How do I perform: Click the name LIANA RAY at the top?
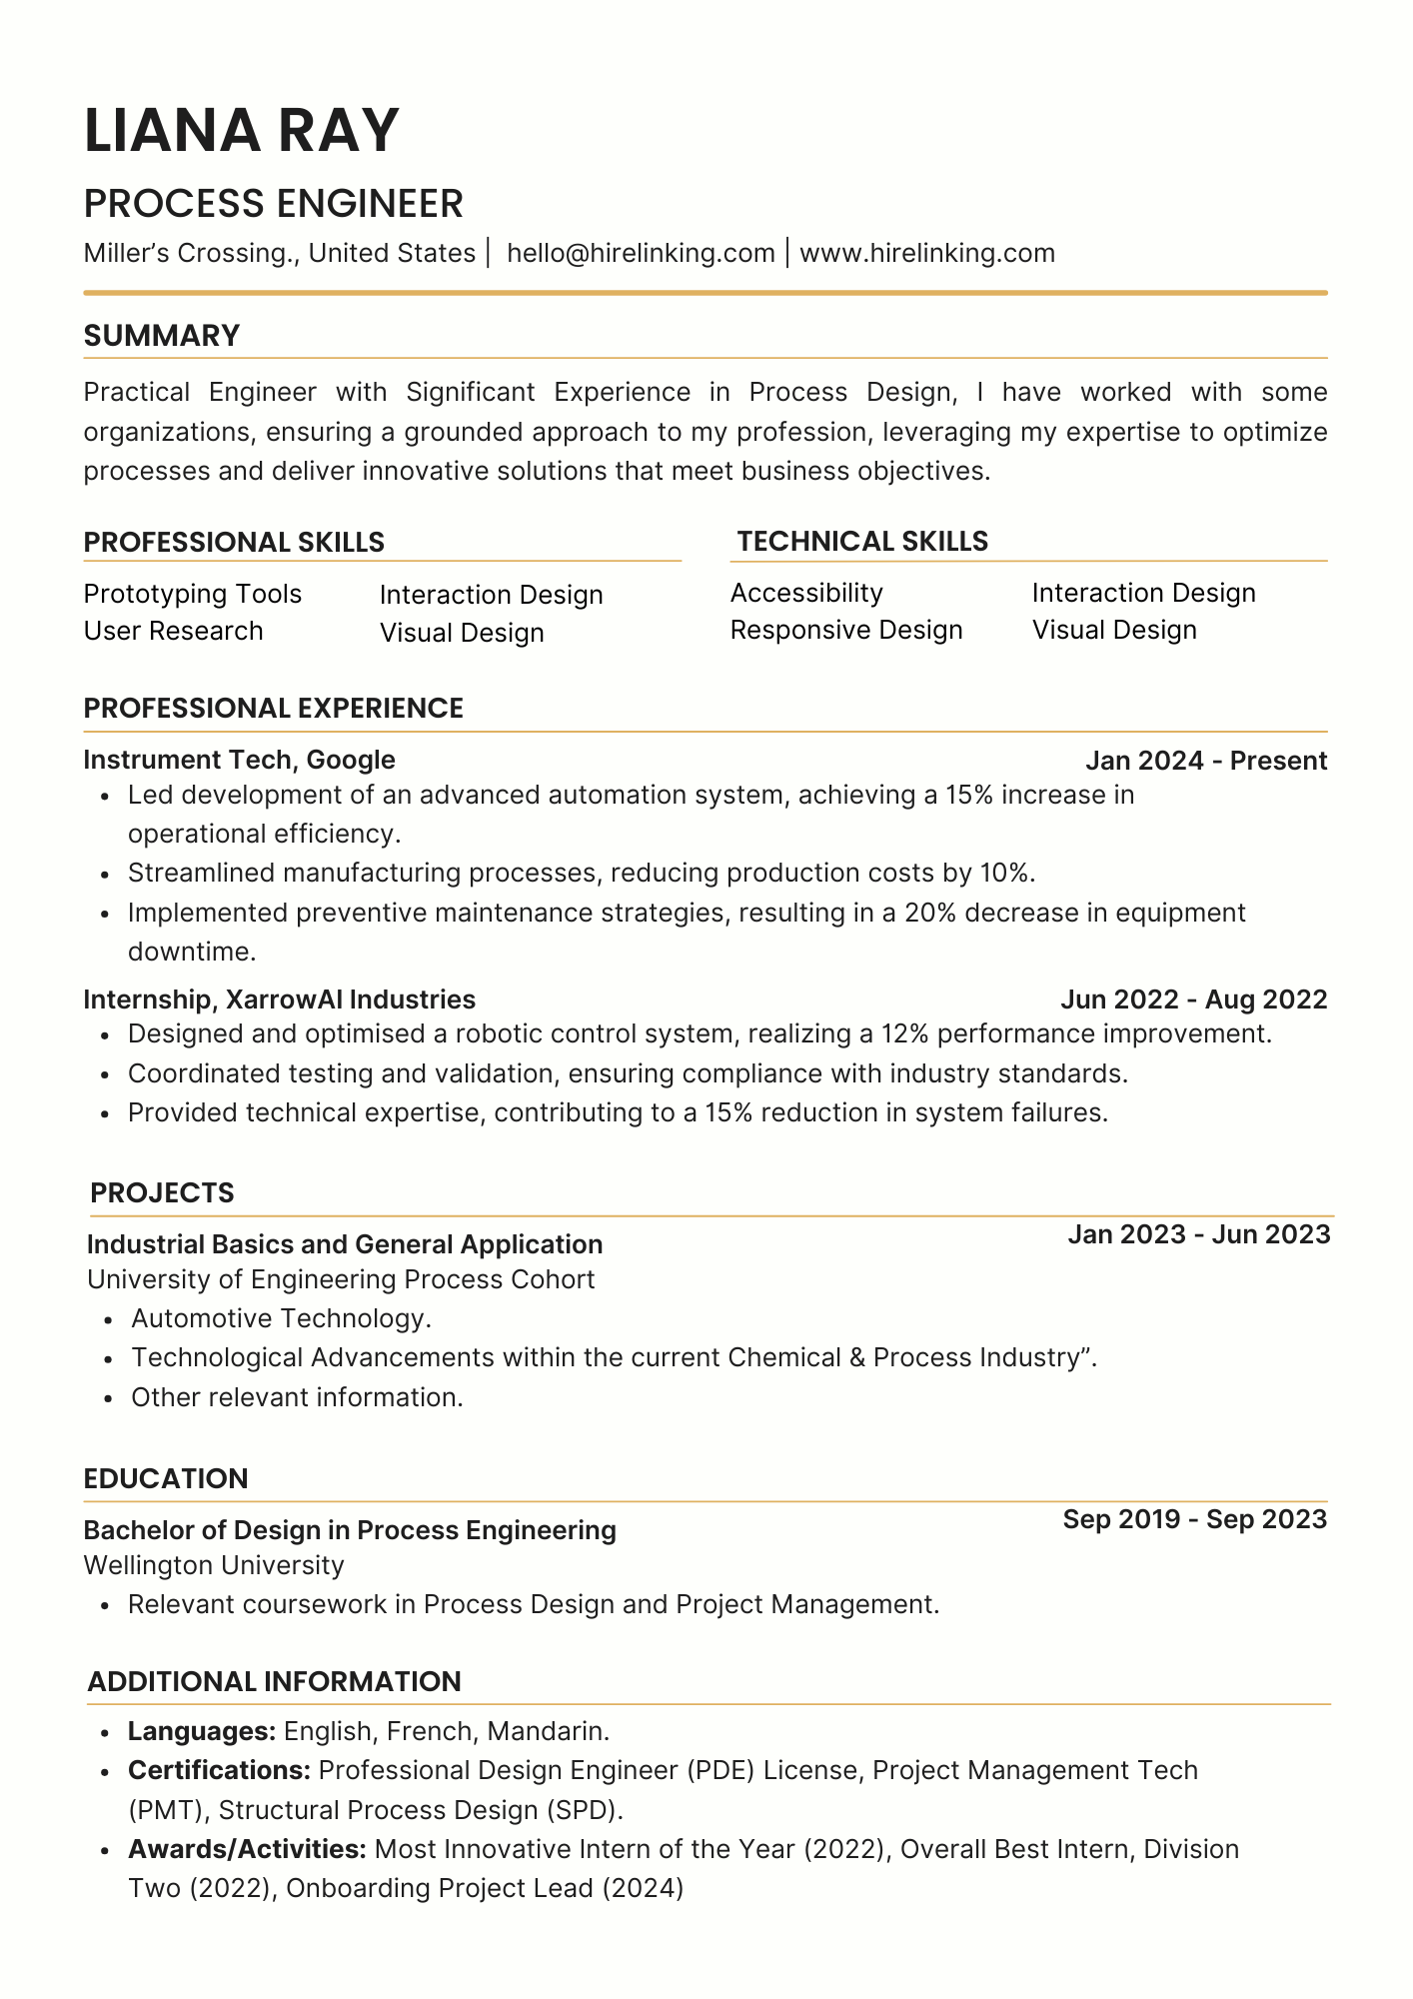click(x=242, y=131)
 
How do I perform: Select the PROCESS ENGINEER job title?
click(x=273, y=204)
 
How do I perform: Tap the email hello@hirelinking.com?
click(x=641, y=253)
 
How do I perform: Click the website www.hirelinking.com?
click(x=927, y=253)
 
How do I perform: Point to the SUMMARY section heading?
click(x=162, y=336)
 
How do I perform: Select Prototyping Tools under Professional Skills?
click(x=192, y=594)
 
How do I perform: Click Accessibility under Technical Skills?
click(x=806, y=593)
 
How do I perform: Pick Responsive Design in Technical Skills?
click(x=846, y=630)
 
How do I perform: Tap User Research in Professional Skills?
click(x=173, y=631)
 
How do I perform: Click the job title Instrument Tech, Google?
click(x=239, y=760)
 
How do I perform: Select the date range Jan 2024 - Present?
click(x=1206, y=761)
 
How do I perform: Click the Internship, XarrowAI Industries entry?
click(x=279, y=999)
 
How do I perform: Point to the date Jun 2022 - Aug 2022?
click(x=1193, y=999)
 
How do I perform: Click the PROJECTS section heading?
click(x=162, y=1192)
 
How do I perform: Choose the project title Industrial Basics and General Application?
click(x=345, y=1244)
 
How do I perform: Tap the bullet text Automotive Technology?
click(x=281, y=1318)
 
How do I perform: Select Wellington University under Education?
click(x=214, y=1565)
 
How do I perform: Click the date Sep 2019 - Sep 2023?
click(x=1194, y=1519)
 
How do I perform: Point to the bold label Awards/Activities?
click(x=247, y=1849)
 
